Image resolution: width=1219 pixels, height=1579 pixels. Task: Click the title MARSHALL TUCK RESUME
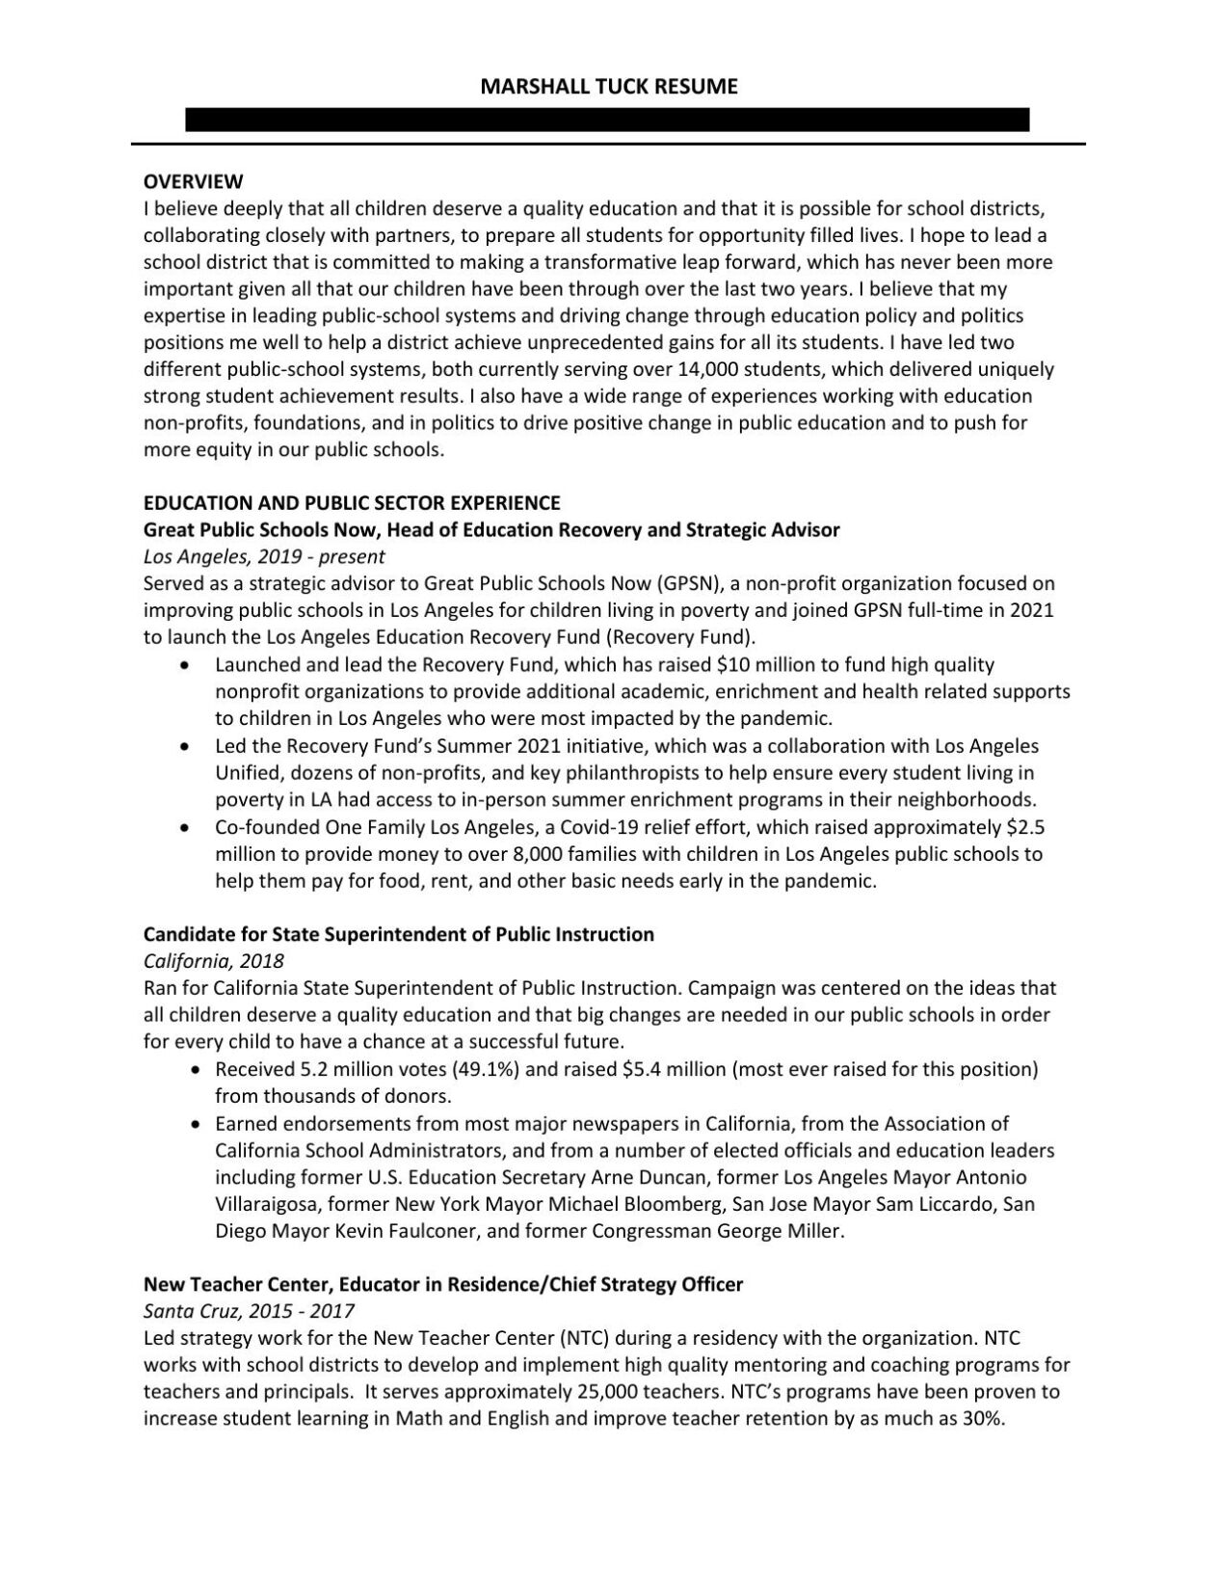[609, 87]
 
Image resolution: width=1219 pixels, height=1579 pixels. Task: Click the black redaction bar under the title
[607, 120]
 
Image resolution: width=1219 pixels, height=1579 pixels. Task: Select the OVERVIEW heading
[193, 181]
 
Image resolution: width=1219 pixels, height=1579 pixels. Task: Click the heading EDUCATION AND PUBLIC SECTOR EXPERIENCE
[352, 502]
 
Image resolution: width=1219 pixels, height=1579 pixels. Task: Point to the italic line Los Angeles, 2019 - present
[263, 556]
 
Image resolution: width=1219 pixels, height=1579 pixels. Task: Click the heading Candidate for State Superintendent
[398, 934]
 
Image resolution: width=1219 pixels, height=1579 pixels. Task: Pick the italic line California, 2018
[213, 961]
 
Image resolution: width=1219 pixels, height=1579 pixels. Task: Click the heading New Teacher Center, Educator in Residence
[443, 1284]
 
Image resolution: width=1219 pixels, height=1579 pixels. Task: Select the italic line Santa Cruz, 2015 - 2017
[249, 1311]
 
